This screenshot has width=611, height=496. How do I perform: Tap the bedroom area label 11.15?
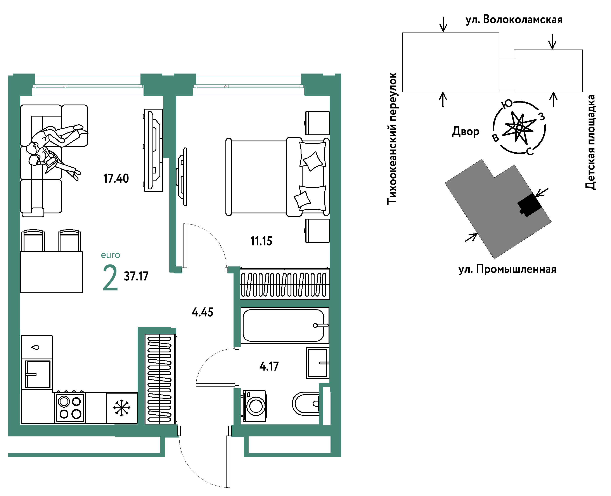point(261,241)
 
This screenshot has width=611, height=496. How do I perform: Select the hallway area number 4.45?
point(203,312)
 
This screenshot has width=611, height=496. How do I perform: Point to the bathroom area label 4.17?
point(269,366)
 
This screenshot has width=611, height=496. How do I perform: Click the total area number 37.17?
point(136,276)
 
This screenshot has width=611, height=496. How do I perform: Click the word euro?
point(110,255)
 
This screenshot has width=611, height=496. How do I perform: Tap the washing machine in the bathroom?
point(254,406)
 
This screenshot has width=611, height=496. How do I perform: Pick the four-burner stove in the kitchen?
point(70,408)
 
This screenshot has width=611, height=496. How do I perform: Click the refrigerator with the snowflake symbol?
point(122,408)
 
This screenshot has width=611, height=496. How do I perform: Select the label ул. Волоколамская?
point(514,20)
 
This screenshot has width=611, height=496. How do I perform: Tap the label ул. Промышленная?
point(507,269)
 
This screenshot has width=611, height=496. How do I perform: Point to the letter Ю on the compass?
point(507,104)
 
